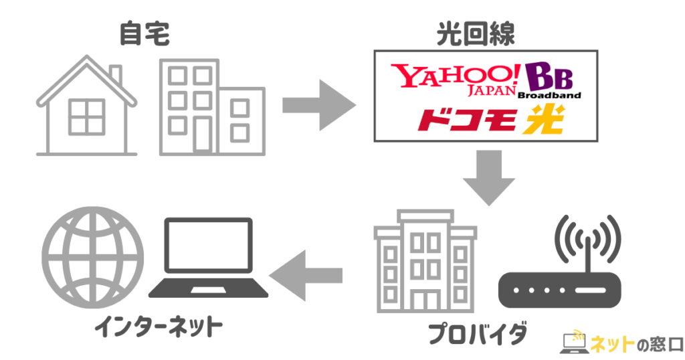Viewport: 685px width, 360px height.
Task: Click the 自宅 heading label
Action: tap(144, 33)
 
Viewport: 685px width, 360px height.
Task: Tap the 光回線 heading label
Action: tap(478, 33)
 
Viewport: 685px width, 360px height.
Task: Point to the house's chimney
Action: tap(116, 74)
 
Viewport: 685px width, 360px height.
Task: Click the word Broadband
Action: tap(549, 95)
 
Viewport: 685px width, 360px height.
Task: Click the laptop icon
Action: tap(208, 258)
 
